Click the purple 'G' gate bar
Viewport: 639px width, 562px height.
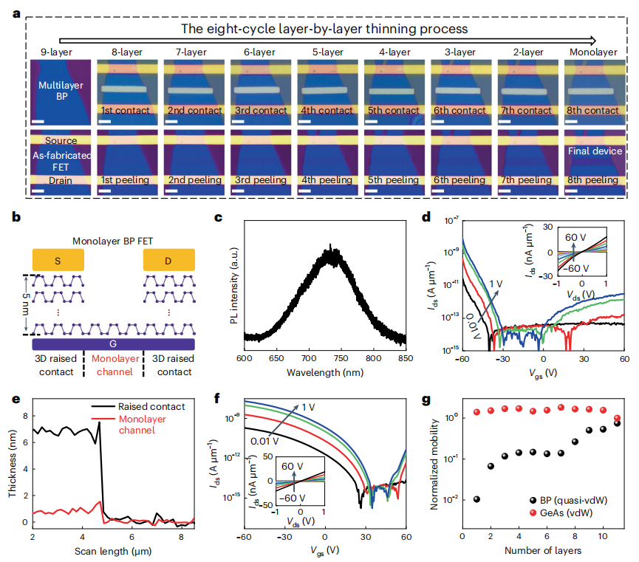pyautogui.click(x=114, y=344)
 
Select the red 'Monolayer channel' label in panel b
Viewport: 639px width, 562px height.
pyautogui.click(x=114, y=366)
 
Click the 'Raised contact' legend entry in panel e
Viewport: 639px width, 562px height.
pyautogui.click(x=153, y=406)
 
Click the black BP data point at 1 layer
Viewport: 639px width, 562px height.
pyautogui.click(x=476, y=498)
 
